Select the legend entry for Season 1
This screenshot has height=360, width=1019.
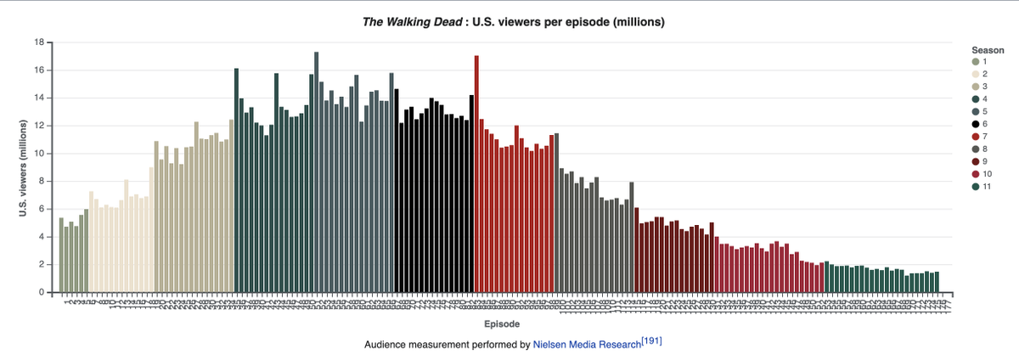pyautogui.click(x=977, y=62)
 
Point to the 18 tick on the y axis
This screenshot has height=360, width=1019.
pyautogui.click(x=39, y=42)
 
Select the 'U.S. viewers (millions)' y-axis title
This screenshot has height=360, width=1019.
pyautogui.click(x=24, y=167)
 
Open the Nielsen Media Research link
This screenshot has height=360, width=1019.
pyautogui.click(x=586, y=345)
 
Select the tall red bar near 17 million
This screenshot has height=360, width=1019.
pyautogui.click(x=476, y=174)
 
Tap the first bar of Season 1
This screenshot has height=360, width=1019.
pyautogui.click(x=61, y=256)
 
